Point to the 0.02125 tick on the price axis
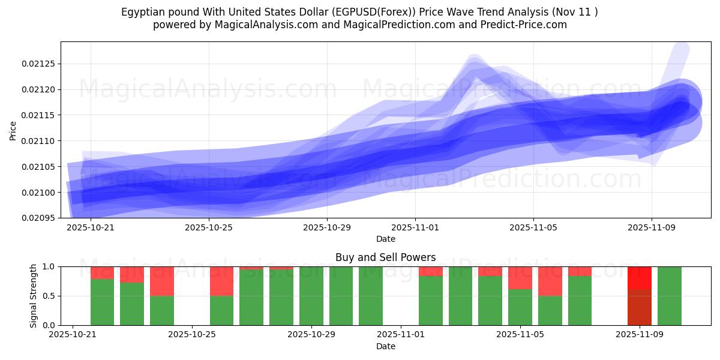(x=37, y=64)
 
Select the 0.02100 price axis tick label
(x=37, y=193)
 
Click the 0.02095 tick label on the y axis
(x=37, y=218)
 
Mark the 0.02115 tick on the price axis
(x=37, y=115)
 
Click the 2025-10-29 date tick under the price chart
(x=326, y=228)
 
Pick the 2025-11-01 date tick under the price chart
(x=415, y=228)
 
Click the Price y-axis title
(x=13, y=130)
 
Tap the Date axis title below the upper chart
(x=385, y=239)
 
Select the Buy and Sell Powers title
(x=385, y=257)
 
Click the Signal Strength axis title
(x=34, y=296)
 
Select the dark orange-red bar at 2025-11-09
(x=640, y=307)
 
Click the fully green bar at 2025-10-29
(x=311, y=296)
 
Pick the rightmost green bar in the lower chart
(x=670, y=296)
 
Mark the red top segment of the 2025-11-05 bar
(x=520, y=278)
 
